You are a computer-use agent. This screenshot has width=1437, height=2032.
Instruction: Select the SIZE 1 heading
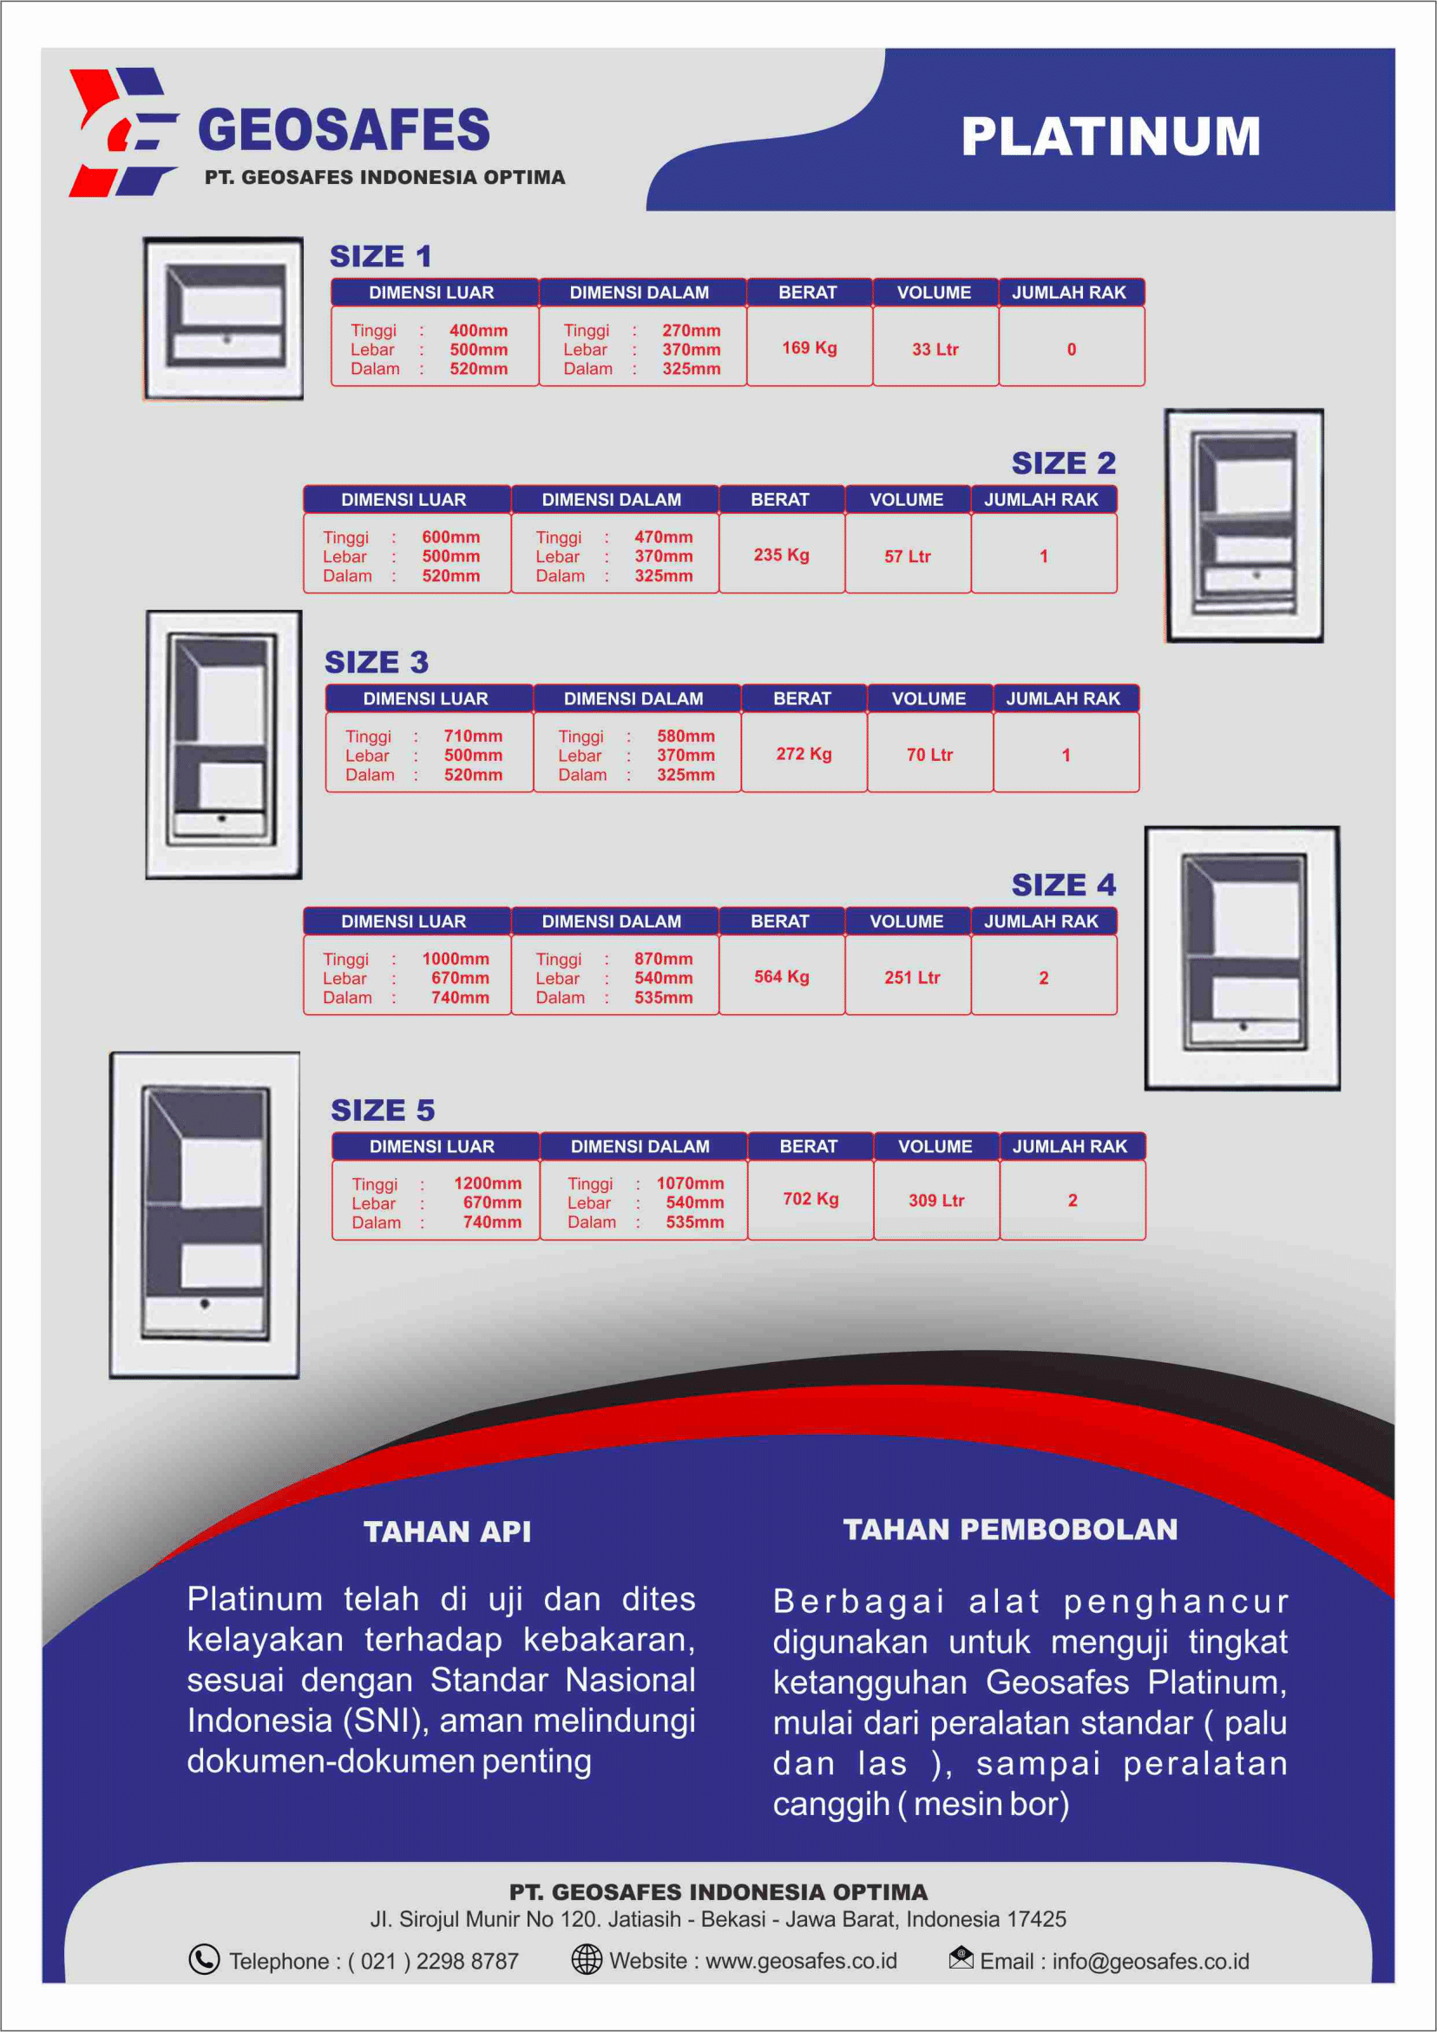(381, 257)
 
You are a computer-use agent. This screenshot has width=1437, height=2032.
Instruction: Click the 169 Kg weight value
(810, 348)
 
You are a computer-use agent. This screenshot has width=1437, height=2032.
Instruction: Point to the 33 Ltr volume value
(935, 350)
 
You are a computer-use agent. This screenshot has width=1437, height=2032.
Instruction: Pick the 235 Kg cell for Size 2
(781, 555)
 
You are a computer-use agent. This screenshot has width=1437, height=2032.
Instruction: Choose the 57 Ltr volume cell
(908, 557)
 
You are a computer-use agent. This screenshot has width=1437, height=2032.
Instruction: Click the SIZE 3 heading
(377, 662)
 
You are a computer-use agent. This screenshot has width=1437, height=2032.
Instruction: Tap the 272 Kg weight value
(804, 754)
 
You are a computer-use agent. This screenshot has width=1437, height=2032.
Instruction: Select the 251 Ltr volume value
(912, 978)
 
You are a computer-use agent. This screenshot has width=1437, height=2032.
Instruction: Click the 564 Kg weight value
(781, 977)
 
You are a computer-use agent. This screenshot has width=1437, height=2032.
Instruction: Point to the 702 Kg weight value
(810, 1199)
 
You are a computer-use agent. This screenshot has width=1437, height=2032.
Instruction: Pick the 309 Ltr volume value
(935, 1201)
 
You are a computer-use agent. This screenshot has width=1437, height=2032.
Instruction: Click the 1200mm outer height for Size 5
(487, 1183)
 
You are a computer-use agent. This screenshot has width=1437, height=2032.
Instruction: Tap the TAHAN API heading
(447, 1532)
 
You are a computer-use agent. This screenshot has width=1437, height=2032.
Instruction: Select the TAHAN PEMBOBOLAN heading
(1009, 1530)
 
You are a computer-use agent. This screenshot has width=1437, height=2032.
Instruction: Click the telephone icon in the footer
(204, 1959)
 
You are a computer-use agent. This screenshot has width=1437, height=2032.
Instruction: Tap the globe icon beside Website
(586, 1959)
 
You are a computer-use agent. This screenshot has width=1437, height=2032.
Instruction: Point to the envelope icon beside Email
(961, 1957)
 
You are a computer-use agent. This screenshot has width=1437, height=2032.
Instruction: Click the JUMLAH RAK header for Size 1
(1069, 293)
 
